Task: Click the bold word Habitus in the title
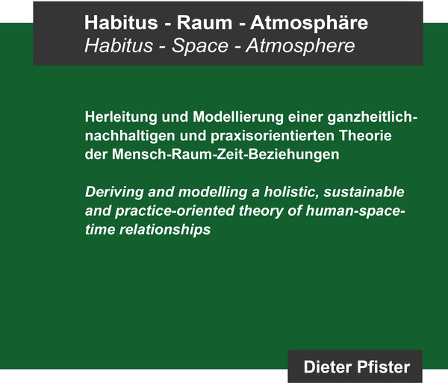(121, 22)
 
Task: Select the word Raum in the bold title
(205, 22)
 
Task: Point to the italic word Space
(200, 46)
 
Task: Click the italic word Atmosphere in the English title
(300, 46)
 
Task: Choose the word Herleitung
(121, 117)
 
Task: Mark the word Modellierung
(238, 117)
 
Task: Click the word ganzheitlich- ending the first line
(373, 117)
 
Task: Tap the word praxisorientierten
(273, 136)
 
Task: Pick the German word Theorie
(365, 136)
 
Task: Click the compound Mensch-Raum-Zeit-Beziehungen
(225, 155)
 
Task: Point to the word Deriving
(114, 192)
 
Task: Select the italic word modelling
(213, 192)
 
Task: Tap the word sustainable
(364, 192)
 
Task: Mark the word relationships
(165, 230)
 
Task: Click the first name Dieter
(324, 367)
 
